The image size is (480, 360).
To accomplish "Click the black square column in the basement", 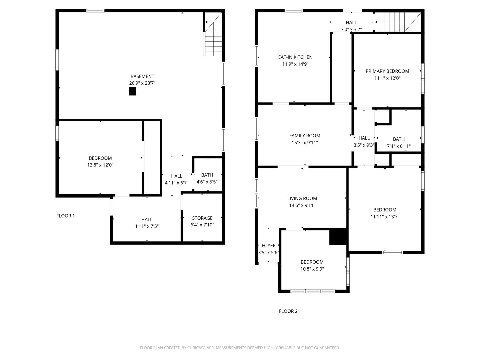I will pos(132,91).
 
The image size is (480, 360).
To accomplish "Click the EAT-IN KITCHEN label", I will pos(295,57).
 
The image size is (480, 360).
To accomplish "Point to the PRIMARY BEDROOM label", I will pos(387,71).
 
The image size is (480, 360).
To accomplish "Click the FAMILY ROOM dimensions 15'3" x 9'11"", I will pos(304,143).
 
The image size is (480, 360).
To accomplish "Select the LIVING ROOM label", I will pos(302,198).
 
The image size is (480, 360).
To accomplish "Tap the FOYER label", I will pos(268,246).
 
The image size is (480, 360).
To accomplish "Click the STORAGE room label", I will pos(202,218).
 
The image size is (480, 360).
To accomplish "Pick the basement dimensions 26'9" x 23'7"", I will pos(142,83).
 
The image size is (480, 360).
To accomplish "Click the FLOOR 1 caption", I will pos(65,216).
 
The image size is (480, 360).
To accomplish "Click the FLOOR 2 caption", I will pos(288,311).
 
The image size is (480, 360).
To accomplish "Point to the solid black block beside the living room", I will pos(338,237).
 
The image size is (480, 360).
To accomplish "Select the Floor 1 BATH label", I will pos(207,175).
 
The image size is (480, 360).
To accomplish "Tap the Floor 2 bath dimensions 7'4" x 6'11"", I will pos(399,146).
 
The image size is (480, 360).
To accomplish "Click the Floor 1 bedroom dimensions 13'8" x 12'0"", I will pos(100,165).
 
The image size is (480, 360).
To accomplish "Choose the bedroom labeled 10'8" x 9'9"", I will pos(312,262).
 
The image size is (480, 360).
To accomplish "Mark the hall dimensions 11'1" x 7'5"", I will pos(147,226).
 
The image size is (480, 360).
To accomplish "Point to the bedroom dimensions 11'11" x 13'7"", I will pos(385,217).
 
